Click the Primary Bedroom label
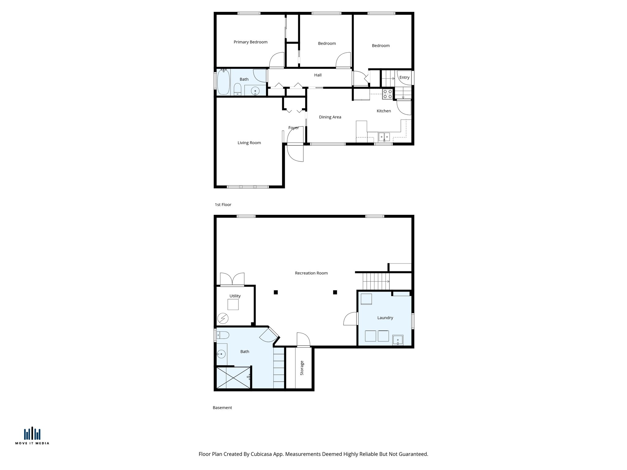click(250, 42)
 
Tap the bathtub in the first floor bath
click(223, 82)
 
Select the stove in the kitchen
click(387, 94)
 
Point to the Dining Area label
click(330, 117)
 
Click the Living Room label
click(249, 143)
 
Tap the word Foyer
click(293, 128)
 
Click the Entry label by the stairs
click(404, 77)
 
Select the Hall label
click(317, 75)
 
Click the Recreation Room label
click(311, 273)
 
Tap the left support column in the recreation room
click(276, 292)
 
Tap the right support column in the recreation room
click(335, 292)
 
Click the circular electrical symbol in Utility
click(223, 319)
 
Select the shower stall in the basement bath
click(233, 378)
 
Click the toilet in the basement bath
click(223, 335)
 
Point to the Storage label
click(302, 368)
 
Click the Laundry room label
click(385, 318)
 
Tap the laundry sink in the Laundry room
click(398, 340)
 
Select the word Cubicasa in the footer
click(262, 454)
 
